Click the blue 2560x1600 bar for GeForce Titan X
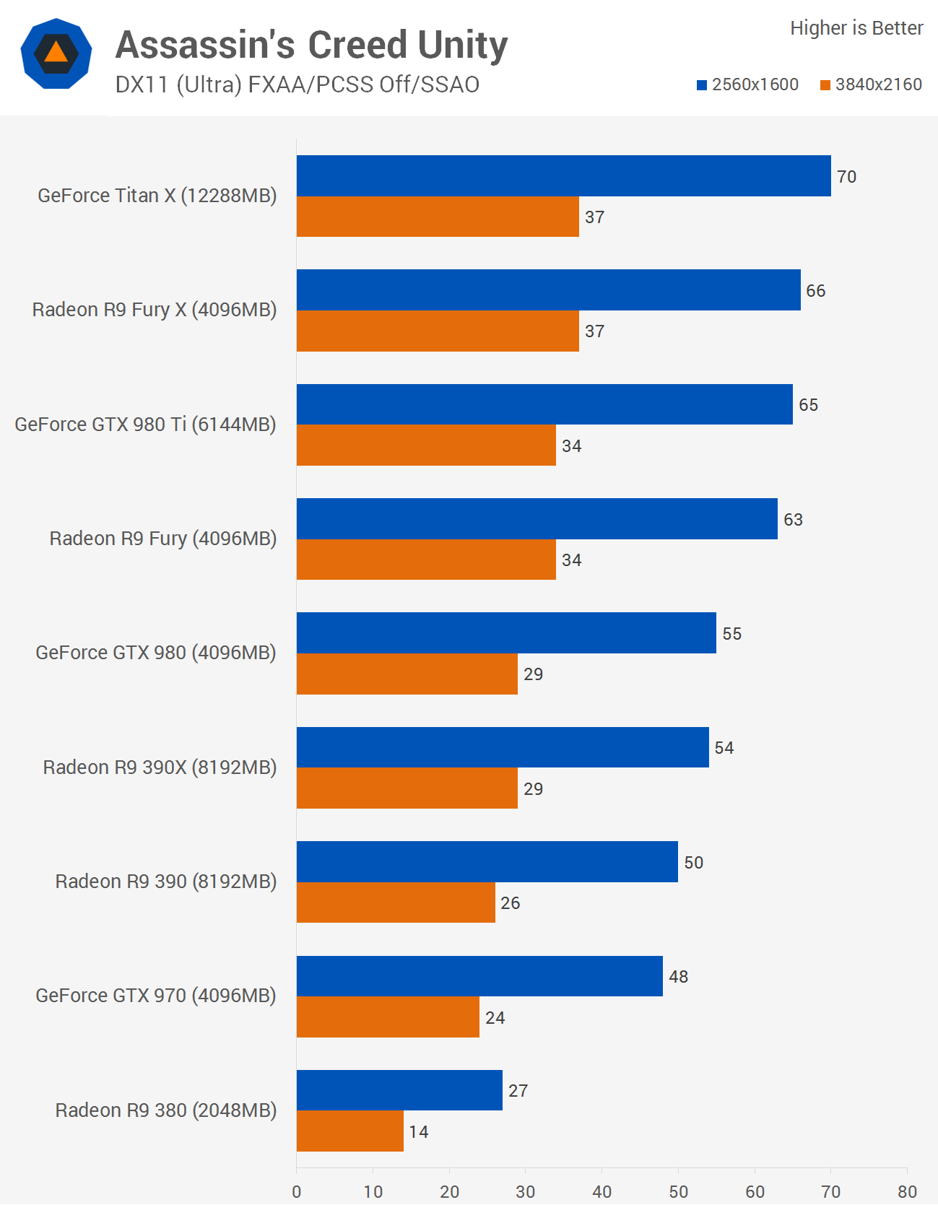pos(563,175)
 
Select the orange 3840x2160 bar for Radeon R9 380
pos(350,1131)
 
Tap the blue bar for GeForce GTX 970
pos(479,976)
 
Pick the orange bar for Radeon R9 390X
pos(407,788)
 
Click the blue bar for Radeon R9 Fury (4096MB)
pos(537,518)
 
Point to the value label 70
pos(846,177)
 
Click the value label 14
pos(419,1131)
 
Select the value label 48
pos(679,977)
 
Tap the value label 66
pos(816,291)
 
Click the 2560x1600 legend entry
pos(747,84)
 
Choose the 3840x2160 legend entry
pos(871,84)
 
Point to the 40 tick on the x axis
pos(602,1191)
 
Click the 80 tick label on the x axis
pos(907,1191)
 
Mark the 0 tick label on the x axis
pos(297,1191)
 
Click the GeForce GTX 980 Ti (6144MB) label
pos(145,425)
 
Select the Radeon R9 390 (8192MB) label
pos(166,882)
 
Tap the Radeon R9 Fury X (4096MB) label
pos(155,310)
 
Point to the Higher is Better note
pos(856,28)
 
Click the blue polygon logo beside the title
pos(56,53)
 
